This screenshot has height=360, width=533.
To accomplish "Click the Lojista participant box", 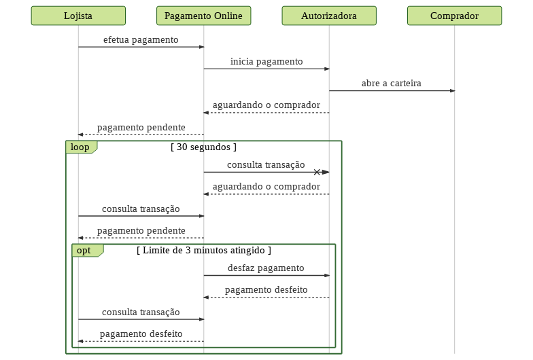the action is (x=78, y=16).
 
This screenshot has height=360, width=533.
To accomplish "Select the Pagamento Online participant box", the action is (x=204, y=16).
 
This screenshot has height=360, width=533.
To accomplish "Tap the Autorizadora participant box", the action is (x=329, y=16).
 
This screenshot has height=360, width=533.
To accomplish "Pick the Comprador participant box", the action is (x=454, y=16).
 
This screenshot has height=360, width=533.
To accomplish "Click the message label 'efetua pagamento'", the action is (x=141, y=40).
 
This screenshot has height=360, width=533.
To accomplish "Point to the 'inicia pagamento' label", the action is (x=266, y=62).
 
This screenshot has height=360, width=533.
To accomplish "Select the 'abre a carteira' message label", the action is (x=392, y=83).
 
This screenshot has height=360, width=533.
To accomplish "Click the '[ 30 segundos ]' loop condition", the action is (x=203, y=147).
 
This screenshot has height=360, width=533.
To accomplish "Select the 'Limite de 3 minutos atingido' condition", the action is (x=204, y=250).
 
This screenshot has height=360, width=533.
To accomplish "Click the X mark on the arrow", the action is (x=317, y=173).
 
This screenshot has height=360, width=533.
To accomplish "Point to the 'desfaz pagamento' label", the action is (x=266, y=268).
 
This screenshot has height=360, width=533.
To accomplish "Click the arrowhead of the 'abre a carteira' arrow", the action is (x=453, y=91).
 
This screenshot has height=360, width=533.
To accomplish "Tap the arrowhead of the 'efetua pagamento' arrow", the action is (x=201, y=47).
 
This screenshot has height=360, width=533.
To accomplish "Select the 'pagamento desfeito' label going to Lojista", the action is (x=141, y=334).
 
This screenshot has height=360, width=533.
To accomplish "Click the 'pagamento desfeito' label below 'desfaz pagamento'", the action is (x=266, y=290).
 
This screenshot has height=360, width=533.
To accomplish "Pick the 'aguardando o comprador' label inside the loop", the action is (x=266, y=187).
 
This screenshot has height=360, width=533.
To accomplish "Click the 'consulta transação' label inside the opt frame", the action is (x=141, y=312).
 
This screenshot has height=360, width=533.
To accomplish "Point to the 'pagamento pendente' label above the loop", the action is (x=141, y=128).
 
